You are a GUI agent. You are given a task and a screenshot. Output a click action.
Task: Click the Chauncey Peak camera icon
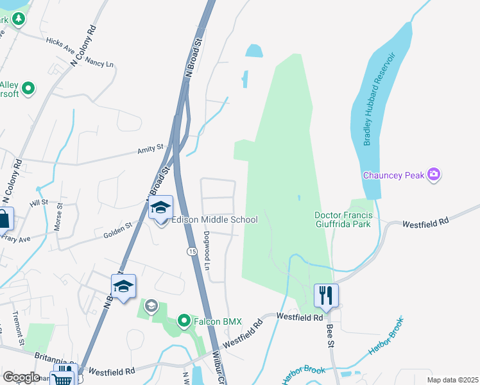(434, 175)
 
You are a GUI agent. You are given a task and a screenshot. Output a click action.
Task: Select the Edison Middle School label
(215, 220)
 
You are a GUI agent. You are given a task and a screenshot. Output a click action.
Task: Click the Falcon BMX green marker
(184, 321)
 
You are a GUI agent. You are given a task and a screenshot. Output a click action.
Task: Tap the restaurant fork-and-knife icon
(326, 295)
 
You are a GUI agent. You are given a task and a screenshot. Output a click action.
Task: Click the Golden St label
(118, 230)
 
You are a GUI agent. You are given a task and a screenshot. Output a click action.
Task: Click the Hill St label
(39, 203)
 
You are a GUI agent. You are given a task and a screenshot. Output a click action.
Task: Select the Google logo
(21, 377)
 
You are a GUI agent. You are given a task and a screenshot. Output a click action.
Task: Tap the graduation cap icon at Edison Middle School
(162, 208)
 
